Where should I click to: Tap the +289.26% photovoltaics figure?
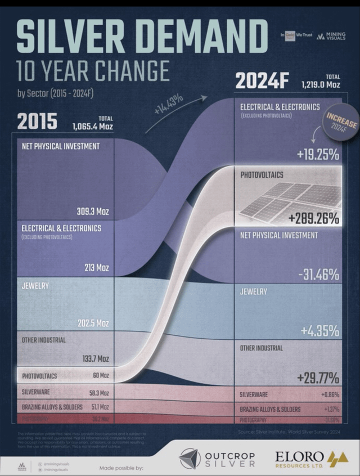313,218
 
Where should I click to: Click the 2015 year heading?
37,121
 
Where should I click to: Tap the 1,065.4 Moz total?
92,127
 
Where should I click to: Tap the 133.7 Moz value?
94,358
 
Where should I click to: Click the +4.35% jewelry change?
318,330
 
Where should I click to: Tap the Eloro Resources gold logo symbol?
337,458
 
